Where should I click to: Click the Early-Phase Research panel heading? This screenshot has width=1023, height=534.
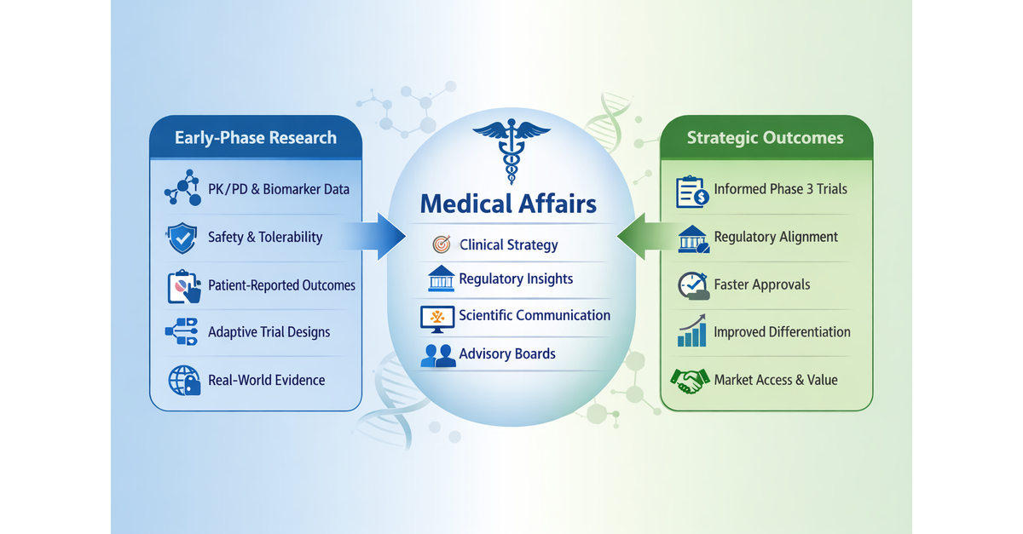[256, 138]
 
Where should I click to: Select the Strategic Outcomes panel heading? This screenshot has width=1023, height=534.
[766, 138]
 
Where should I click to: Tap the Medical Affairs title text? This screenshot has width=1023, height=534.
[509, 204]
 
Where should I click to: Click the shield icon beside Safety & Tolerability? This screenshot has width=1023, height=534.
[182, 238]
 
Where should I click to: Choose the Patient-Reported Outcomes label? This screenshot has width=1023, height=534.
[281, 285]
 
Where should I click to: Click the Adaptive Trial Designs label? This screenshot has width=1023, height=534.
[269, 332]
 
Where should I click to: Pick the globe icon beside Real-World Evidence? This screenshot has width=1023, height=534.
[182, 380]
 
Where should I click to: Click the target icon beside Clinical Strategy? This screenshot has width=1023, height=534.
[440, 245]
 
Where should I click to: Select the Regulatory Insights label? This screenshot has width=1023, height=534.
[516, 278]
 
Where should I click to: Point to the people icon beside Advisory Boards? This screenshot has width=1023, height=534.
[438, 355]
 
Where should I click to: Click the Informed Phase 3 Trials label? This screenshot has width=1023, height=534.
[780, 189]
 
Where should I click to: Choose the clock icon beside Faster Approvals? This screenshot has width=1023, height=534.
[693, 286]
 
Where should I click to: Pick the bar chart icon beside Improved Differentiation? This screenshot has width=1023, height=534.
[692, 332]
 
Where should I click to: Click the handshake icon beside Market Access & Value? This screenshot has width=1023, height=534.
[691, 380]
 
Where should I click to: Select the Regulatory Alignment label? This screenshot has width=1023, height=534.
[776, 237]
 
